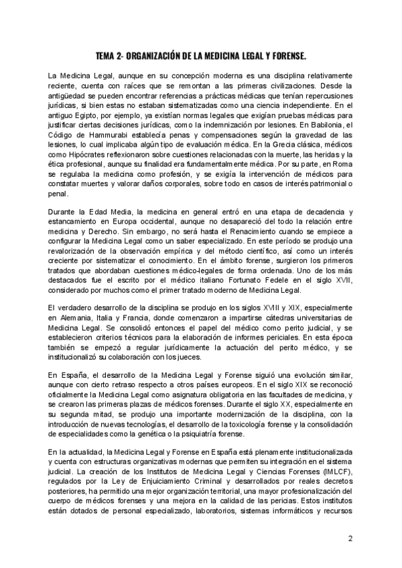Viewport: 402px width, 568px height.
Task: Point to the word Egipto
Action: point(84,123)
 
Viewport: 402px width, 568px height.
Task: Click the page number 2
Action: point(350,539)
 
